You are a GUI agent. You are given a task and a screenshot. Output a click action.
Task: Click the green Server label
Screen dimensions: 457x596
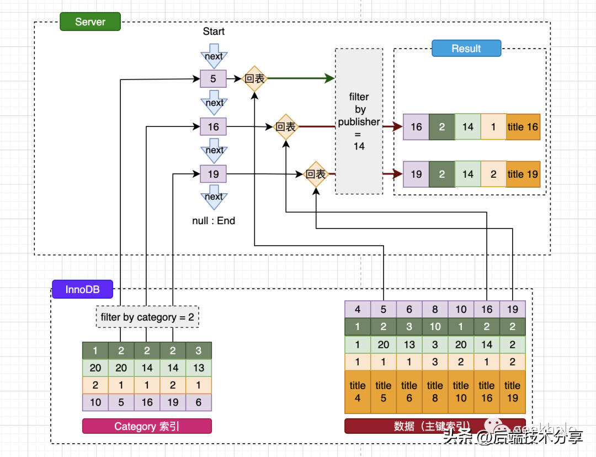pos(90,22)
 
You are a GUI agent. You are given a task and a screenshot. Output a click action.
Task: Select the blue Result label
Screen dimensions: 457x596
pos(466,49)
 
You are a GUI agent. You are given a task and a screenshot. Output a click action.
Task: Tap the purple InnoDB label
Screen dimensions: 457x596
pos(82,289)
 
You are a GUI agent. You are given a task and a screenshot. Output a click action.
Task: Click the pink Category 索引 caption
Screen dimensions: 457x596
pos(147,426)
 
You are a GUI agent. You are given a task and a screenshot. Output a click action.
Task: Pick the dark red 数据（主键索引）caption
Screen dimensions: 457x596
pos(435,426)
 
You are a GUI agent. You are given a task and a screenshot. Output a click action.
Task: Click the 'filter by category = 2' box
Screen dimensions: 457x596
pos(147,317)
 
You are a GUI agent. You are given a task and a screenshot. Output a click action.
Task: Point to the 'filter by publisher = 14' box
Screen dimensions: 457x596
pos(359,121)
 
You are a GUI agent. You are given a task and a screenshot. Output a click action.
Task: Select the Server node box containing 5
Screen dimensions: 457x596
pos(213,79)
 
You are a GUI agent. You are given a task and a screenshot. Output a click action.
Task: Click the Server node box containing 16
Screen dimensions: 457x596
pos(213,127)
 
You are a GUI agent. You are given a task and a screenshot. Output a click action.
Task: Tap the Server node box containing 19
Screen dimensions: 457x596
pos(213,174)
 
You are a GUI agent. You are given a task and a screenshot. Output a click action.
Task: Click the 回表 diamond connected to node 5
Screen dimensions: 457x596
pos(254,79)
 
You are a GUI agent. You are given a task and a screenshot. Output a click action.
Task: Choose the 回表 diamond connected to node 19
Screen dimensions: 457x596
pos(316,174)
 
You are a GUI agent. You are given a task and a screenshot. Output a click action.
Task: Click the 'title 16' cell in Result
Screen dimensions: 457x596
pos(523,127)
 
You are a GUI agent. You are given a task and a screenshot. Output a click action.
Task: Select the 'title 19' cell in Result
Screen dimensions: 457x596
pos(523,174)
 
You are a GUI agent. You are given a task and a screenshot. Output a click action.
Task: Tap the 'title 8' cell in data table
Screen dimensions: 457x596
pos(435,391)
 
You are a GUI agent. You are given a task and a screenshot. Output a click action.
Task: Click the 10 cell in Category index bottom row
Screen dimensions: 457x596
pos(95,402)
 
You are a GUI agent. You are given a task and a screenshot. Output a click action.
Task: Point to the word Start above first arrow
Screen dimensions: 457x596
pos(214,31)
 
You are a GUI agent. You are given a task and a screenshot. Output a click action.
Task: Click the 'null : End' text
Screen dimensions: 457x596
pos(214,221)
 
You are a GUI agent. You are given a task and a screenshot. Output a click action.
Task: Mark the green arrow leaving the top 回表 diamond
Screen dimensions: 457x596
pos(301,79)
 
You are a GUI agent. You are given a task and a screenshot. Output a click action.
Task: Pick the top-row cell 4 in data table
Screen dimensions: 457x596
pos(358,310)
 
